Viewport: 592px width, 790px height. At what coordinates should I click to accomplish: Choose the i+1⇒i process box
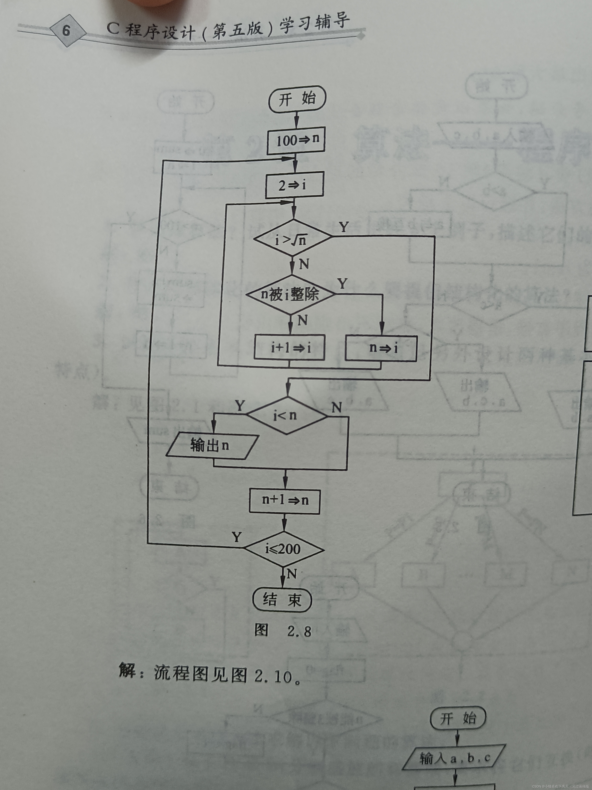[289, 347]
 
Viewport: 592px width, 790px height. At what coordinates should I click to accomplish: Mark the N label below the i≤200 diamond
[292, 574]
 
